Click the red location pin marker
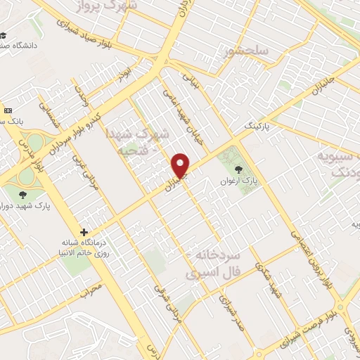coord(181,165)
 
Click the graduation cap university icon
coord(5,36)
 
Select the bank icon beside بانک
coord(8,110)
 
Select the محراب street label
coord(90,288)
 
